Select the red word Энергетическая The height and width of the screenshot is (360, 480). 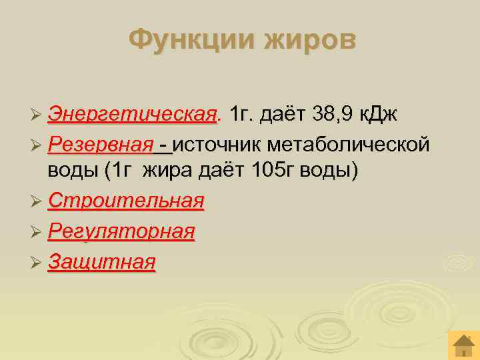(x=133, y=113)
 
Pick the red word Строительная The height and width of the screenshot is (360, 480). (x=126, y=201)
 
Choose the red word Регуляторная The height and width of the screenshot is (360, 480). (x=121, y=231)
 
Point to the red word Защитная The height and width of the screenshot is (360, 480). (x=102, y=261)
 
